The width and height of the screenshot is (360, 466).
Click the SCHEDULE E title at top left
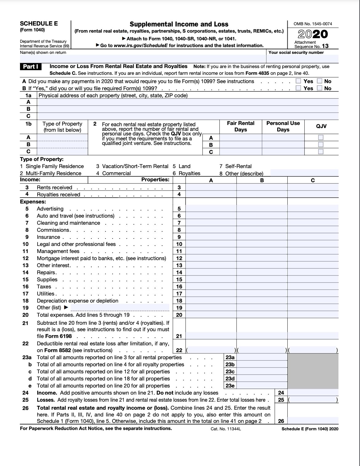(39, 24)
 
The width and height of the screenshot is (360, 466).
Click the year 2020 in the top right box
(313, 34)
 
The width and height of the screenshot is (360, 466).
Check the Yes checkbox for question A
(298, 81)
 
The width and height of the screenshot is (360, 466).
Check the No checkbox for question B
(320, 88)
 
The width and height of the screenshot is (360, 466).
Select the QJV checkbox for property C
(321, 151)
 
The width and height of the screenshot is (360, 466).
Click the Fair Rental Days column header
(240, 126)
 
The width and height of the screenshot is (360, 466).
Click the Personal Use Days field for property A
(283, 138)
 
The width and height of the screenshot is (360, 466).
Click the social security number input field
(302, 58)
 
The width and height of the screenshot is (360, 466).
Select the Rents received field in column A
(211, 187)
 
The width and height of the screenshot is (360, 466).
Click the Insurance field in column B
(262, 237)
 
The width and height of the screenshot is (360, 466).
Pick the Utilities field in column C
(313, 294)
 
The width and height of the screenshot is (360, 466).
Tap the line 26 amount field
(313, 421)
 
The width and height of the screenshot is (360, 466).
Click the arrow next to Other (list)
(66, 307)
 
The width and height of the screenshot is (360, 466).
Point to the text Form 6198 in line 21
(58, 336)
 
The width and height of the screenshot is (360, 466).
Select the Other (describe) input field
(304, 173)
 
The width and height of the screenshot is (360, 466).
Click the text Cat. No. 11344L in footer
(226, 429)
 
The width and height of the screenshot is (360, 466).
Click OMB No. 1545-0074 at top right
(313, 24)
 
